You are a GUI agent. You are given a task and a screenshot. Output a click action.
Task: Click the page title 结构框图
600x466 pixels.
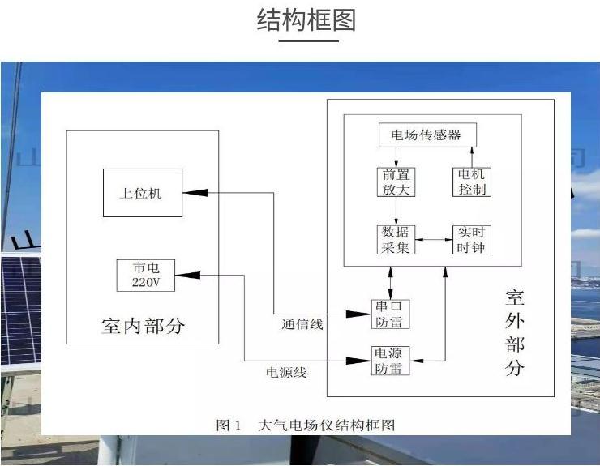coord(306,19)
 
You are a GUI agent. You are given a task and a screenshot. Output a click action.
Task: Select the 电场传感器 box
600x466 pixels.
coord(426,135)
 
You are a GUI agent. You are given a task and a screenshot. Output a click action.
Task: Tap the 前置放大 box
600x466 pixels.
coord(396,182)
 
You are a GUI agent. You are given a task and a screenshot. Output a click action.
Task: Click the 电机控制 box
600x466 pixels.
coord(472,182)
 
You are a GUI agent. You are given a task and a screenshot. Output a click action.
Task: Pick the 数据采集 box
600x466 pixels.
coord(396,240)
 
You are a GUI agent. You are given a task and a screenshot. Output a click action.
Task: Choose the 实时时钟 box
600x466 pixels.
coord(472,240)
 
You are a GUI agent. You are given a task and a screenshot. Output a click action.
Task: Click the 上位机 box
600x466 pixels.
coord(142,193)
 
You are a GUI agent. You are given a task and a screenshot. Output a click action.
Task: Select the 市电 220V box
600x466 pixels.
coord(146,276)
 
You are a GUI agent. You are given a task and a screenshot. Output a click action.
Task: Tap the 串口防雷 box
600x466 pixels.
coord(390,314)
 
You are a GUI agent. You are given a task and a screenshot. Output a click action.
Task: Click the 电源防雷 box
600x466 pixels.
coord(390,361)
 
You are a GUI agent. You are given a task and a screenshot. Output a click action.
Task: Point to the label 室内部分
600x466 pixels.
coord(143,326)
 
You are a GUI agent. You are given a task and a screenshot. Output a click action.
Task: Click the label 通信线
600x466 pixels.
coord(302,325)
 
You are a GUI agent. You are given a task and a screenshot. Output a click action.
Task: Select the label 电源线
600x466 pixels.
coord(286,373)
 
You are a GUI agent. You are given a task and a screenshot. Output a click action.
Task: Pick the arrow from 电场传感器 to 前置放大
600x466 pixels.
coord(396,157)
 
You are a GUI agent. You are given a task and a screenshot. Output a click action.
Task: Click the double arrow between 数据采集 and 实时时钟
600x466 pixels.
coord(434,240)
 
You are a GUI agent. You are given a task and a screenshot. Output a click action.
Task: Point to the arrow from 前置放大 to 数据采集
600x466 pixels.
coord(396,211)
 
